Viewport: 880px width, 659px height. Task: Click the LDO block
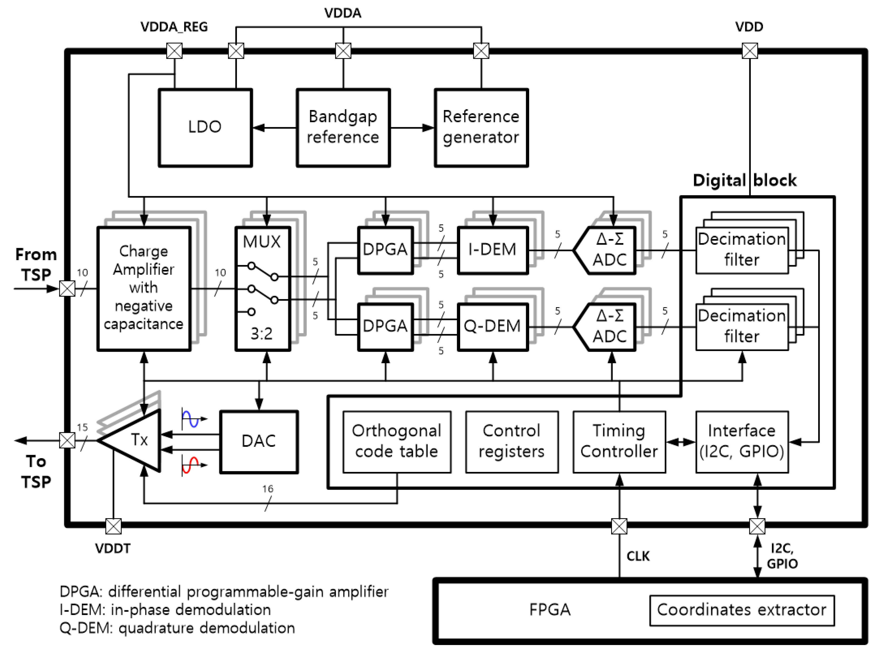(x=205, y=127)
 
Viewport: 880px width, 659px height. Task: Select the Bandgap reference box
(x=343, y=127)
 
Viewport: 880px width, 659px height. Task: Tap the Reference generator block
(x=481, y=127)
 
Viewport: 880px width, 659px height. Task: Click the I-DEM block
(x=492, y=250)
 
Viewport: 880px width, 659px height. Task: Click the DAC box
(x=259, y=442)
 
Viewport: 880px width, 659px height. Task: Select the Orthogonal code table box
(x=397, y=442)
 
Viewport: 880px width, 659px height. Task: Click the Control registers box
(x=512, y=442)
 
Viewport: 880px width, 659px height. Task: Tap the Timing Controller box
(x=619, y=442)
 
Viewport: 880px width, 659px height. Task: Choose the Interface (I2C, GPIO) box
(x=741, y=442)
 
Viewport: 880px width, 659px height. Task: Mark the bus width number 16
(x=268, y=489)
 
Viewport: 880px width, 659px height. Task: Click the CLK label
(x=638, y=556)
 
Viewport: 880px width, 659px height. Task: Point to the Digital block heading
(x=744, y=180)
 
